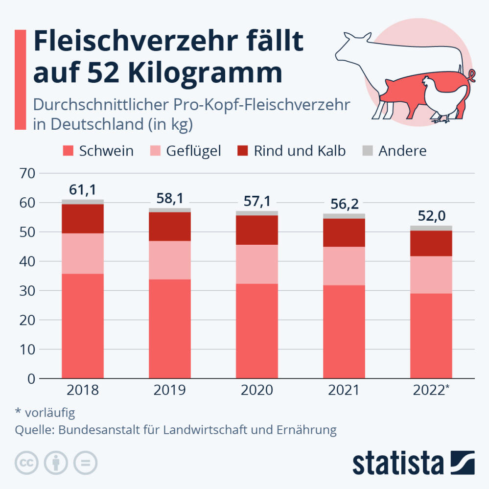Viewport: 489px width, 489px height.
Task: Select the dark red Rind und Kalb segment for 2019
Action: (x=169, y=226)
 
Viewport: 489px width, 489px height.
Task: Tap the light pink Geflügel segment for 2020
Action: (x=256, y=264)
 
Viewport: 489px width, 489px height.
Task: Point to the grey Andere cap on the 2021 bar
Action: (x=344, y=216)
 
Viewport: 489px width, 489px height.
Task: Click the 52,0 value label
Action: (x=431, y=215)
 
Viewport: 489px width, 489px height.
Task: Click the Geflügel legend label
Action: (x=193, y=151)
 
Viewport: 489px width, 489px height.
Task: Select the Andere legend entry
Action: (x=402, y=151)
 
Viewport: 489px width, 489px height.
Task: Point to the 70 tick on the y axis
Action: (x=28, y=173)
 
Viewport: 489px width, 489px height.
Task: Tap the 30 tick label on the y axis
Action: (x=28, y=291)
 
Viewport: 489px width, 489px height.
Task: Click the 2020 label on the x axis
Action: (x=256, y=391)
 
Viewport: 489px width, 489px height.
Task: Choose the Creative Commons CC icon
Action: (x=27, y=463)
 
